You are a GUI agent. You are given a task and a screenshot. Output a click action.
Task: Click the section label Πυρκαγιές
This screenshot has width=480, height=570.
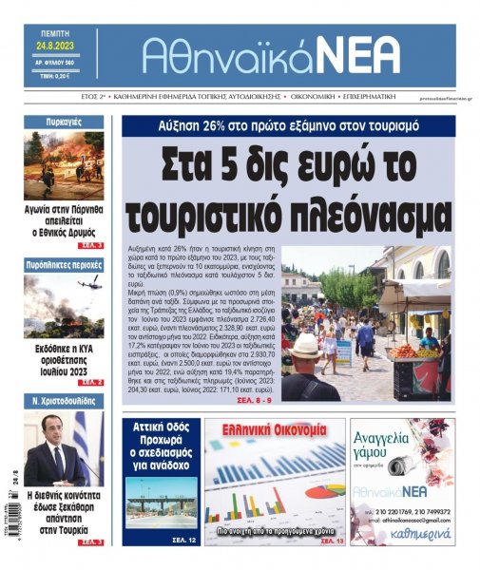(x=64, y=122)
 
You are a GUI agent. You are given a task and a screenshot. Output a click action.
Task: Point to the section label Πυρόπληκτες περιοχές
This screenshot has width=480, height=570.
(x=64, y=269)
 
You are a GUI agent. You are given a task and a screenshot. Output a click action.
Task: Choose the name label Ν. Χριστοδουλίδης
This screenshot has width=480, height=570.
(x=64, y=401)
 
